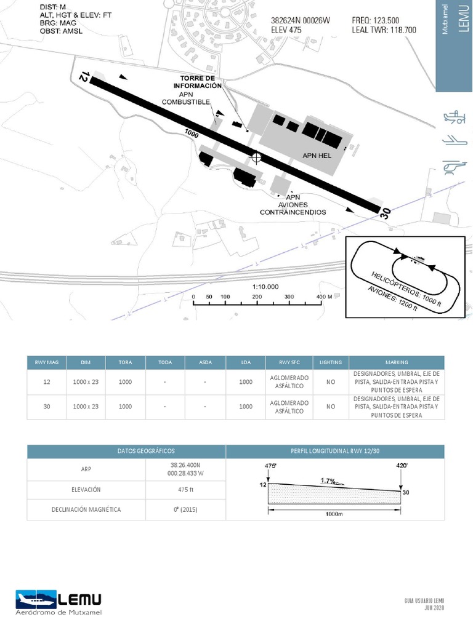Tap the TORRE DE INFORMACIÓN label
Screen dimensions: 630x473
pyautogui.click(x=197, y=82)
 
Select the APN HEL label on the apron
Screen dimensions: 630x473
pyautogui.click(x=317, y=156)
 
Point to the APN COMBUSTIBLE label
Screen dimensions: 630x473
pyautogui.click(x=186, y=98)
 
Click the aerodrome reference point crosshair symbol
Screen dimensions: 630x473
pyautogui.click(x=256, y=157)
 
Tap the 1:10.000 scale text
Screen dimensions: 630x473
pyautogui.click(x=265, y=287)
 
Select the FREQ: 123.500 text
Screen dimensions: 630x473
pyautogui.click(x=375, y=20)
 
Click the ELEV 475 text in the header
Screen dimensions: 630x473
pyautogui.click(x=286, y=30)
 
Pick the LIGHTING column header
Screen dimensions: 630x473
pyautogui.click(x=331, y=362)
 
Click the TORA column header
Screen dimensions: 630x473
pyautogui.click(x=126, y=362)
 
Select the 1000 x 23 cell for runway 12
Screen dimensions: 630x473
pyautogui.click(x=86, y=382)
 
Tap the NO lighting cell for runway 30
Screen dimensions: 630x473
pyautogui.click(x=331, y=407)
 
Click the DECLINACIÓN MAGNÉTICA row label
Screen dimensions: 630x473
pyautogui.click(x=86, y=509)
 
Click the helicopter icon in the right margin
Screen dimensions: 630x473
pyautogui.click(x=454, y=165)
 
